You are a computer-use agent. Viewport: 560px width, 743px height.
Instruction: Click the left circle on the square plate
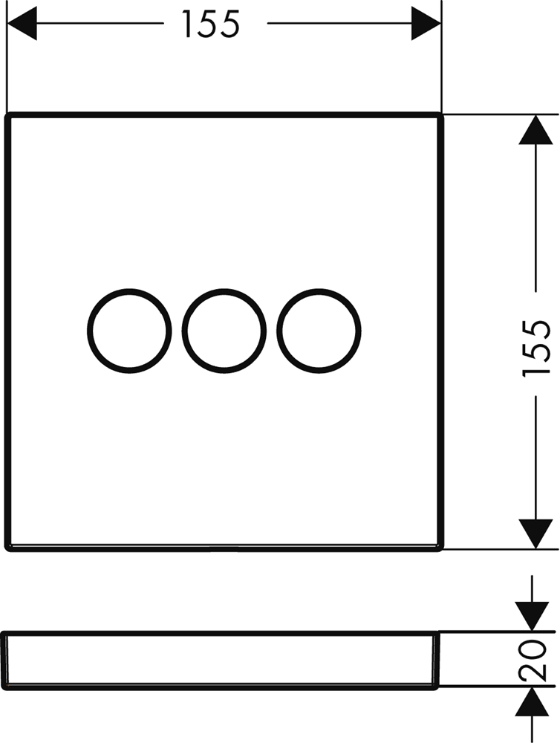point(129,331)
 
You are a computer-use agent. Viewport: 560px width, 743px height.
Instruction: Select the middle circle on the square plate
point(224,331)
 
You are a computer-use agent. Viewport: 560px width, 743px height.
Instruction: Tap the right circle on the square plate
point(319,331)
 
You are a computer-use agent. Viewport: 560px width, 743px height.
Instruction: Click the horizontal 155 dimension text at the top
point(212,25)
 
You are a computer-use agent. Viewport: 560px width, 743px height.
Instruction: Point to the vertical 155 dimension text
point(536,348)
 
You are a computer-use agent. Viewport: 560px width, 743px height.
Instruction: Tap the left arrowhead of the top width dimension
point(22,24)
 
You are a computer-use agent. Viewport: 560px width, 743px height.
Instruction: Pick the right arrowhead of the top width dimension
point(426,24)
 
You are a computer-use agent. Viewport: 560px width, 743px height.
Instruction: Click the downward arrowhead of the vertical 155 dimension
point(535,534)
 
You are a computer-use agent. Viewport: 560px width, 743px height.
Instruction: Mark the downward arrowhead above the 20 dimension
point(532,617)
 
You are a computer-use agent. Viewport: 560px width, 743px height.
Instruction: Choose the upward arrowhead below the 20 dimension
point(532,701)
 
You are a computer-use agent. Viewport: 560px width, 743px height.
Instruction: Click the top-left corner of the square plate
point(7,114)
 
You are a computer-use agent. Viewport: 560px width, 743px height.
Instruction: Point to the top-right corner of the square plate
point(442,114)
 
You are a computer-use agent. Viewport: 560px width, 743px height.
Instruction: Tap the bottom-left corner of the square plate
point(7,550)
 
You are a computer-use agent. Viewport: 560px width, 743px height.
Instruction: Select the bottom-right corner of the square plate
point(442,550)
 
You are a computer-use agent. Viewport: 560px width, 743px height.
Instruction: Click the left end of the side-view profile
point(4,660)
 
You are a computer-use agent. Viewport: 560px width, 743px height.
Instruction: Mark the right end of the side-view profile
point(438,660)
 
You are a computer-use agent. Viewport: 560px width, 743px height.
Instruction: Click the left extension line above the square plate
point(7,56)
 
